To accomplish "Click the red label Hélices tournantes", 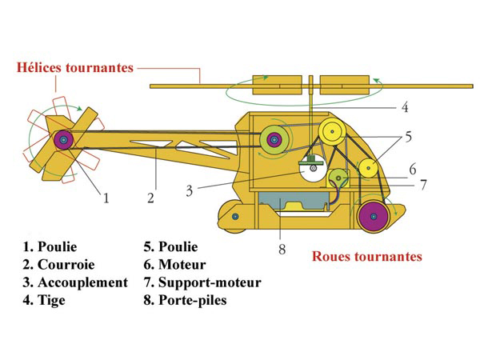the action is [75, 68].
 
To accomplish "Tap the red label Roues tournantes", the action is [367, 256].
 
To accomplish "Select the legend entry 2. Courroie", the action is [58, 265].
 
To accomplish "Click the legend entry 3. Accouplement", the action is [75, 282].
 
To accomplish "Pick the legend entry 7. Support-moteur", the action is [202, 282].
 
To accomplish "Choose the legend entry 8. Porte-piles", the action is [186, 300].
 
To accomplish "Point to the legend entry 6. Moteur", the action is [174, 265].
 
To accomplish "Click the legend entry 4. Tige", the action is [44, 300].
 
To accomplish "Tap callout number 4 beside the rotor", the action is [405, 107].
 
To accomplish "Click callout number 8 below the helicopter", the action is [282, 249].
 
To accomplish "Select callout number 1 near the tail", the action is [106, 198].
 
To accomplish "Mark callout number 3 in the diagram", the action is [190, 191].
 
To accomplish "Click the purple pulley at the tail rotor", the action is [64, 140].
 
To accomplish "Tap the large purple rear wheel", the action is [374, 217].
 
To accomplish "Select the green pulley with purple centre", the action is [274, 140].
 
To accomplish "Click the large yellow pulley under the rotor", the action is [331, 132].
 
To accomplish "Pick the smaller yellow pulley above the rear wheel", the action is [368, 168].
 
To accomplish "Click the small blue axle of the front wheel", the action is [235, 217].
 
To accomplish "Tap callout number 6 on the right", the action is [413, 170].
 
